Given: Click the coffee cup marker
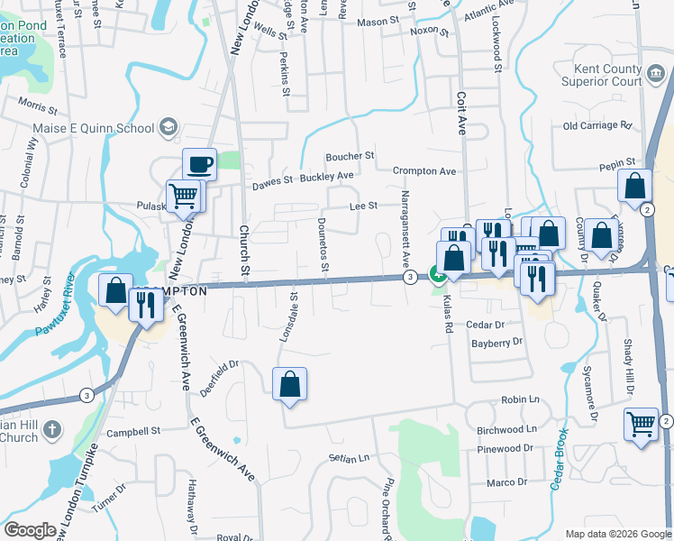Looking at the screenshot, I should (x=200, y=165).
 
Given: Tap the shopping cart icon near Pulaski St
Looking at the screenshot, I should (x=183, y=196).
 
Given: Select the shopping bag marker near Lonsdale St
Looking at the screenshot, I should (x=289, y=384).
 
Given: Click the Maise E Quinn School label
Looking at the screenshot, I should (x=99, y=128).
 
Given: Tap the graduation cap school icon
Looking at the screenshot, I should (x=168, y=128).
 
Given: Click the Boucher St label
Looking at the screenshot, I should (x=350, y=156).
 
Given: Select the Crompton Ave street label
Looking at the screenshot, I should (x=424, y=171).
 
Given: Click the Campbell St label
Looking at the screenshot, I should (x=132, y=432).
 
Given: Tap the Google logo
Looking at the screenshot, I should (x=31, y=530).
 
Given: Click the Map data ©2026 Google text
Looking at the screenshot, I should (x=617, y=534).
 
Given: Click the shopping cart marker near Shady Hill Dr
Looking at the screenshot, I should (x=641, y=423).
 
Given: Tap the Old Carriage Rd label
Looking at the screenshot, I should (x=597, y=126).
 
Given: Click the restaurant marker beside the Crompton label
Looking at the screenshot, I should (x=143, y=307).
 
